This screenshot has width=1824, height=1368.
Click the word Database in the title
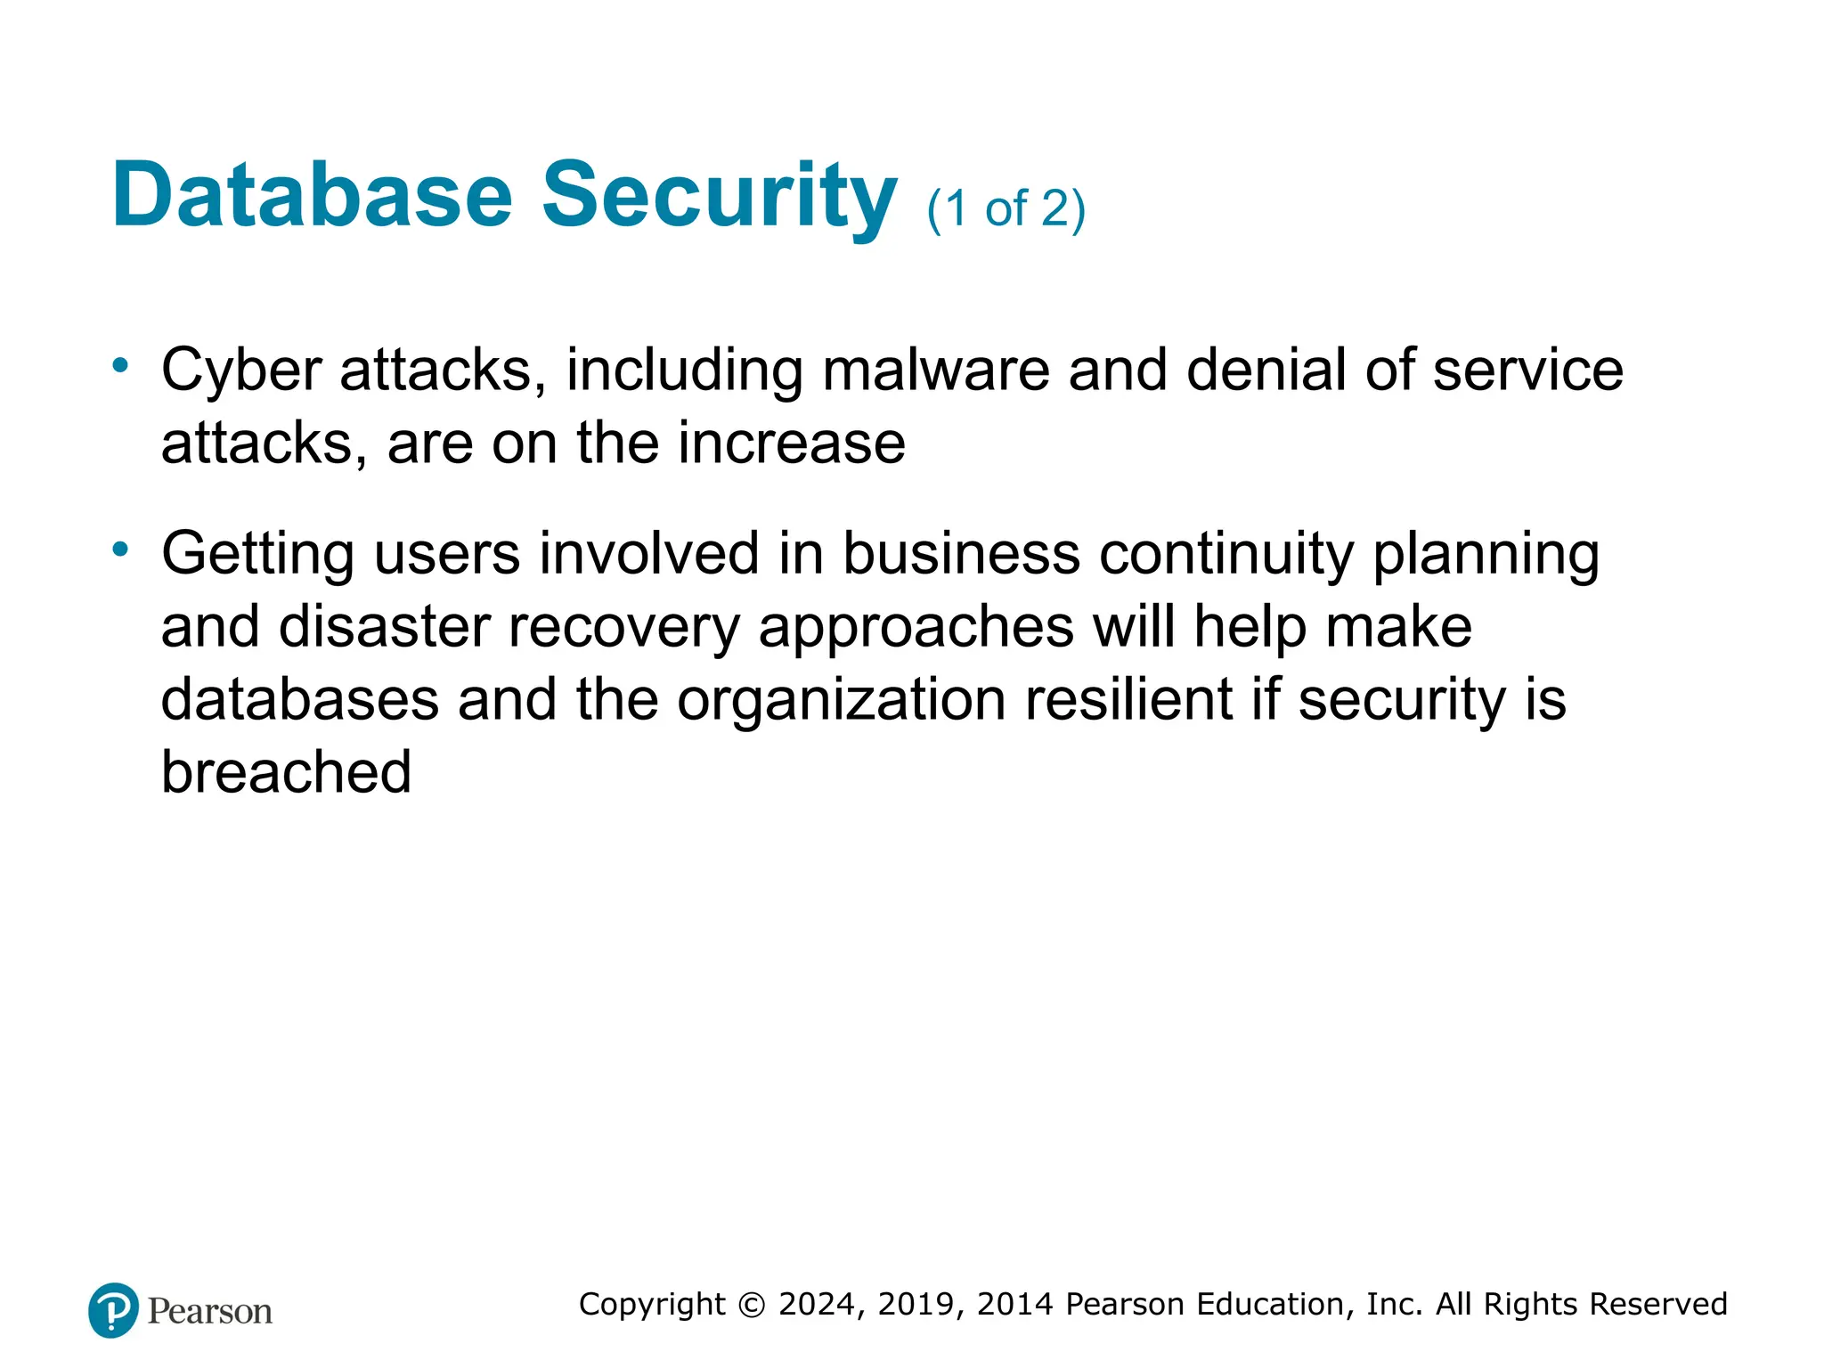pos(312,196)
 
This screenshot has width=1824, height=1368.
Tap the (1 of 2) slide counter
pos(1006,209)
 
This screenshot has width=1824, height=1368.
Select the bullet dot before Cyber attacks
pos(120,364)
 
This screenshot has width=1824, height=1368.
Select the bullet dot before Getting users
pos(120,549)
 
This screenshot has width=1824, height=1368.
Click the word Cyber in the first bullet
pos(241,370)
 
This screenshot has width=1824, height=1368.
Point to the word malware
pos(935,370)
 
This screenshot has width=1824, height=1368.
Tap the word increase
pos(792,444)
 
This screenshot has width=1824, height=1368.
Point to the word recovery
pos(623,627)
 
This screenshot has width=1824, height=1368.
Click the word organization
pos(842,700)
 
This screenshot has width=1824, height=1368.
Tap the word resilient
pos(1128,700)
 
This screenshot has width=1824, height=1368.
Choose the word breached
pos(286,772)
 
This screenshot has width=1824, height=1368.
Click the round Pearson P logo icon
pos(113,1310)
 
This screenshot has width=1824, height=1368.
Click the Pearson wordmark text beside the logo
pos(210,1312)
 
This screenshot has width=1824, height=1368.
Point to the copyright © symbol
pos(752,1305)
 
